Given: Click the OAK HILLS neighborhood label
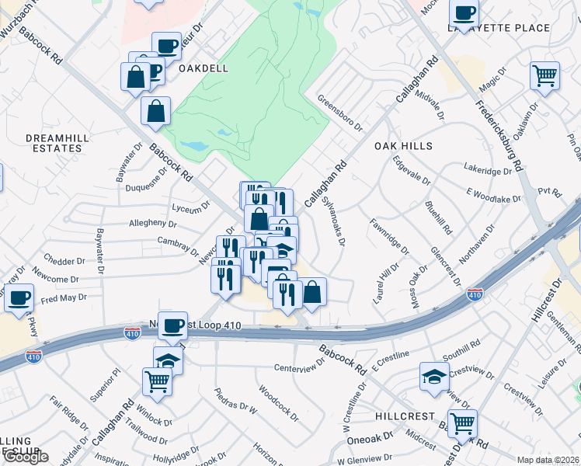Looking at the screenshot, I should click(402, 146).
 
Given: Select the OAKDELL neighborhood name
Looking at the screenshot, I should click(204, 68).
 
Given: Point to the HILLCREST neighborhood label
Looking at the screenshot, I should click(405, 416).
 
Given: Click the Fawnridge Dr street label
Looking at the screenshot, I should click(389, 236).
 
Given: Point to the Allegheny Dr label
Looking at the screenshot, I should click(153, 224).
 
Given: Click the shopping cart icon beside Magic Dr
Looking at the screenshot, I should click(544, 76).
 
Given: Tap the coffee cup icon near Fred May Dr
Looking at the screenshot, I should click(19, 297).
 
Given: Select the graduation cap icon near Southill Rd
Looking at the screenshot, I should click(434, 377).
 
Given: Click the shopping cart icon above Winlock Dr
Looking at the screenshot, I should click(157, 381).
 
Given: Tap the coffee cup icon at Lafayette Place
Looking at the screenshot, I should click(464, 12).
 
